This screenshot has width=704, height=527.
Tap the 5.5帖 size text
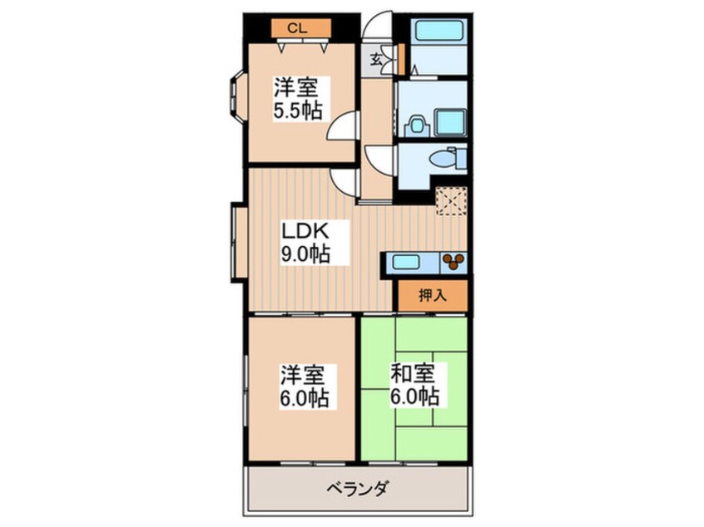point(297,111)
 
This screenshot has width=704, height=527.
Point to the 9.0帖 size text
point(303,254)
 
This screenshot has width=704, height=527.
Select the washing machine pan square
point(450,123)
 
